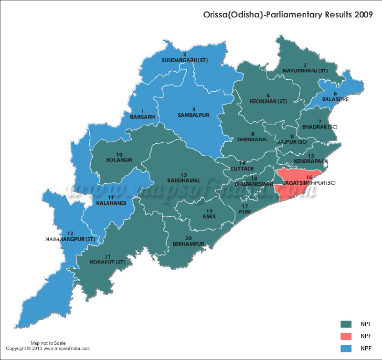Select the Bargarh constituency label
pyautogui.click(x=142, y=116)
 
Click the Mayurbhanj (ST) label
pyautogui.click(x=305, y=71)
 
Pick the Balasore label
pyautogui.click(x=335, y=99)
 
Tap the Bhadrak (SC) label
pyautogui.click(x=317, y=127)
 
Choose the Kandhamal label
pyautogui.click(x=183, y=180)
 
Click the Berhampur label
pyautogui.click(x=188, y=244)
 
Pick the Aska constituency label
pyautogui.click(x=209, y=216)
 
